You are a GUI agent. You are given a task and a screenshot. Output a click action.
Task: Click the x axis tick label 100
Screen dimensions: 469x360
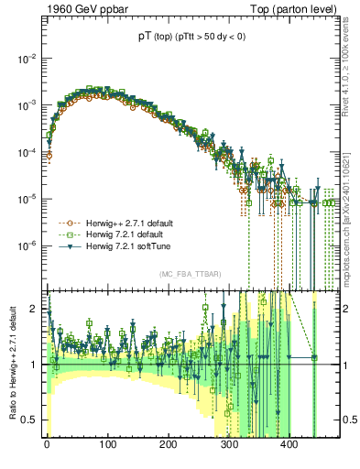click(x=108, y=445)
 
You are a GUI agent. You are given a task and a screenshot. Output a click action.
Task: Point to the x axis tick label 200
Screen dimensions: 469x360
click(x=169, y=445)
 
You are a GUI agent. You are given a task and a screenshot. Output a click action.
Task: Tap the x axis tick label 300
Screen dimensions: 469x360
click(x=229, y=445)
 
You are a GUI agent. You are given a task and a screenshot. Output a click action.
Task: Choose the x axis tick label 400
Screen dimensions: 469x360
click(x=289, y=445)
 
